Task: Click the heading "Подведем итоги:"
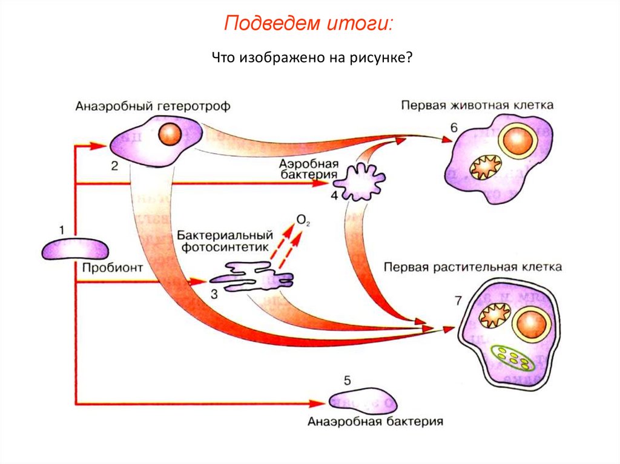[x=309, y=24]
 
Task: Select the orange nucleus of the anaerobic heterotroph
[x=168, y=134]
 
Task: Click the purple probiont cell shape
[x=75, y=248]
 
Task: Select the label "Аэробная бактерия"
[x=307, y=169]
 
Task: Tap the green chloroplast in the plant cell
[x=512, y=357]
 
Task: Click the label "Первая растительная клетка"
[x=473, y=266]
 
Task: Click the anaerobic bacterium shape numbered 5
[x=361, y=399]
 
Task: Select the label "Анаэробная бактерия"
[x=375, y=421]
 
